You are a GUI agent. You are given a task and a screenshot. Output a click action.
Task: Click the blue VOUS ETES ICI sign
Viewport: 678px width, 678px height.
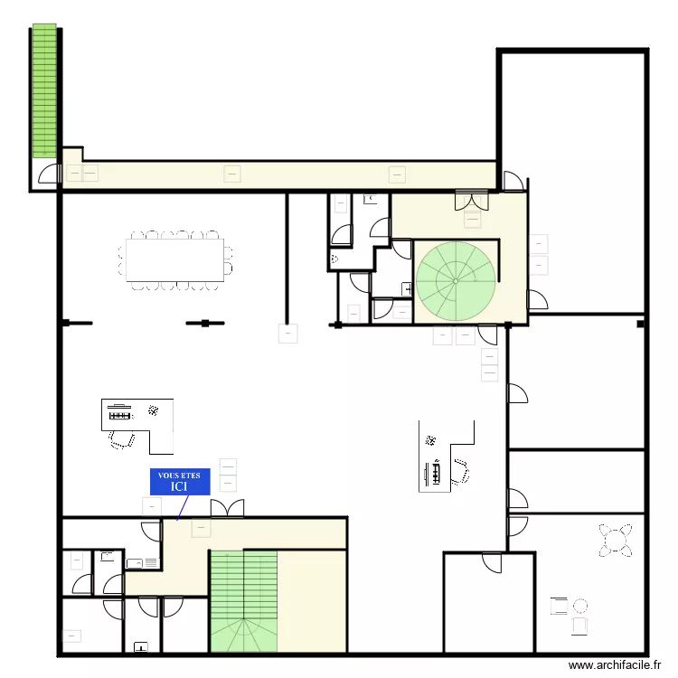(x=180, y=481)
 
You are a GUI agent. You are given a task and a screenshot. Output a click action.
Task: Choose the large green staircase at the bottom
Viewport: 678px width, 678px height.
(x=243, y=601)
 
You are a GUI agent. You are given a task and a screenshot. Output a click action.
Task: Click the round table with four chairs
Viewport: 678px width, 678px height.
(x=616, y=541)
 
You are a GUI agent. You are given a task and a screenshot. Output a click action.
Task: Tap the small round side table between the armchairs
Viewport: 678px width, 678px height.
(x=580, y=606)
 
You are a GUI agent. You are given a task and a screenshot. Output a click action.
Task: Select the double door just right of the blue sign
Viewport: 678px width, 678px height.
(x=228, y=508)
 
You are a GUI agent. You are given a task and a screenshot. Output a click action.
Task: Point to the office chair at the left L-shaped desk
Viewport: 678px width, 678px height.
(x=119, y=439)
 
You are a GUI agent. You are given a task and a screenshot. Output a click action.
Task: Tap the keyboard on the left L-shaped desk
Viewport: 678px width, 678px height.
(x=119, y=416)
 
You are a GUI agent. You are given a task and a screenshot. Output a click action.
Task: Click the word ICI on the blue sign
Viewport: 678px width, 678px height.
(x=180, y=486)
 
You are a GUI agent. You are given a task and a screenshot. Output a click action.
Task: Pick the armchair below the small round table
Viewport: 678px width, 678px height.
(x=579, y=625)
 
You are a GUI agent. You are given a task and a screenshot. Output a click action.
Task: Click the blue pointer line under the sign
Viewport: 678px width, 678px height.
(x=179, y=509)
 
